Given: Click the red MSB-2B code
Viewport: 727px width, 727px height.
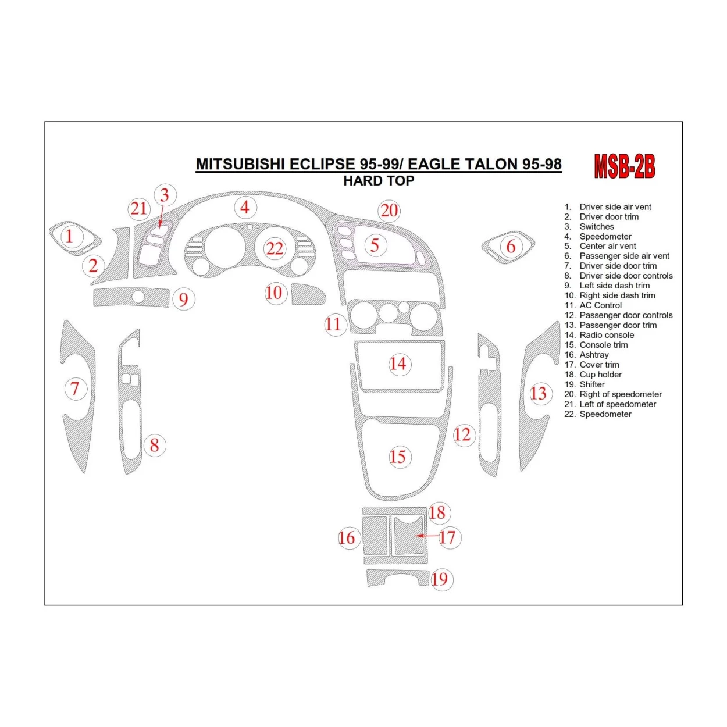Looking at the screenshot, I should point(624,166).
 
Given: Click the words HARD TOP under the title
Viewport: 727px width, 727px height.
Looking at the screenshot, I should point(379,181).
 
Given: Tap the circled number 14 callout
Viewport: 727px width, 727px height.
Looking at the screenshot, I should point(398,364).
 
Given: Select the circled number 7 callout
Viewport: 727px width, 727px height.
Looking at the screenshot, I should point(75,389).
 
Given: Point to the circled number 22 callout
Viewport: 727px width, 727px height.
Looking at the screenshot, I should point(275,249).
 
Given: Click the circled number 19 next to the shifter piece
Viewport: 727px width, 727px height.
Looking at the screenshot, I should point(440,579).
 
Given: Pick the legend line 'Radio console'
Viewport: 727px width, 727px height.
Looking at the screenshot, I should point(606,335).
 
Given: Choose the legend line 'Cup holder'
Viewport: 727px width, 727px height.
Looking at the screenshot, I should point(600,375).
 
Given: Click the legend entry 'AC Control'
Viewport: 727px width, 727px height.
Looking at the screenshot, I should point(600,305).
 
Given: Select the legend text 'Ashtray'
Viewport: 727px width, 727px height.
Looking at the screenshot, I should point(594,355).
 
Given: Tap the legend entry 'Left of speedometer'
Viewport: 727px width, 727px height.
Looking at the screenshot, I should point(617,404).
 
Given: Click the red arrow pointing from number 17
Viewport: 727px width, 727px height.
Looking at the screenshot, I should point(426,536).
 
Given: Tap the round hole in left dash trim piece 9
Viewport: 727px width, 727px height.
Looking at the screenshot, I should point(138,297).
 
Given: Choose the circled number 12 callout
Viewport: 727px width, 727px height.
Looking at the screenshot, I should point(462,434).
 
